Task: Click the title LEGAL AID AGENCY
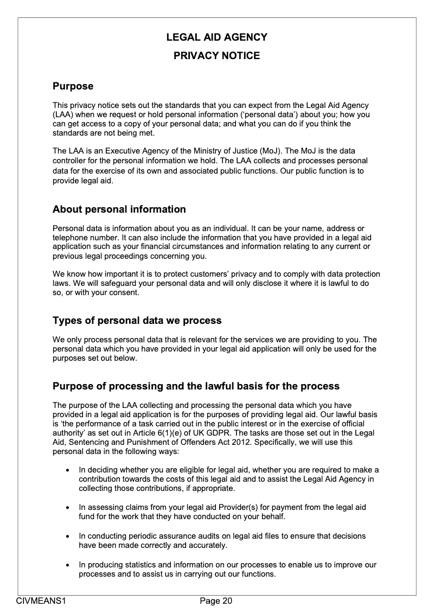216,37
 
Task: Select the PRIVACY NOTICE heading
216,56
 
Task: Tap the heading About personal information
119,209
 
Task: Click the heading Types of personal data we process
137,321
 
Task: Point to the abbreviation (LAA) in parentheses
63,114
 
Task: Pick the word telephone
70,238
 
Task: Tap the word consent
124,293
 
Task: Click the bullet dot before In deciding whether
67,470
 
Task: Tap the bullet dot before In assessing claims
67,508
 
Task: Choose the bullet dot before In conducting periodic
67,536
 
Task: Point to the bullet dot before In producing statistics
67,565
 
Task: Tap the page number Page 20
216,601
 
